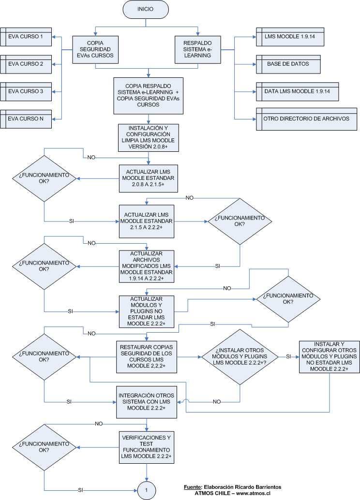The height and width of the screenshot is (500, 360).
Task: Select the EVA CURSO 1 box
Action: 26,37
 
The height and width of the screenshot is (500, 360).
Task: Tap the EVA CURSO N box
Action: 26,119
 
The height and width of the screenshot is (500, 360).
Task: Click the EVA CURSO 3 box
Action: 26,91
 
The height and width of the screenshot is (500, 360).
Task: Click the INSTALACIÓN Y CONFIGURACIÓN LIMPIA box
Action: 149,137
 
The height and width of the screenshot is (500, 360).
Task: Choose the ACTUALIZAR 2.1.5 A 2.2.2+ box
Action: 148,221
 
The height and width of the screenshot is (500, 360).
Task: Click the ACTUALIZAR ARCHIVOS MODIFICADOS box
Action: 148,266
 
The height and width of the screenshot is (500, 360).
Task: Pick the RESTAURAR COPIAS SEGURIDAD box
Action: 148,357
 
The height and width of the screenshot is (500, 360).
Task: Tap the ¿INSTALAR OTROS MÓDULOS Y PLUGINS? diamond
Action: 240,357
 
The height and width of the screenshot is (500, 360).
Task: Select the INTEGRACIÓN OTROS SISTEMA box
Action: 148,401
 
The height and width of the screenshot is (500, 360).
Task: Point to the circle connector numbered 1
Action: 146,490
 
